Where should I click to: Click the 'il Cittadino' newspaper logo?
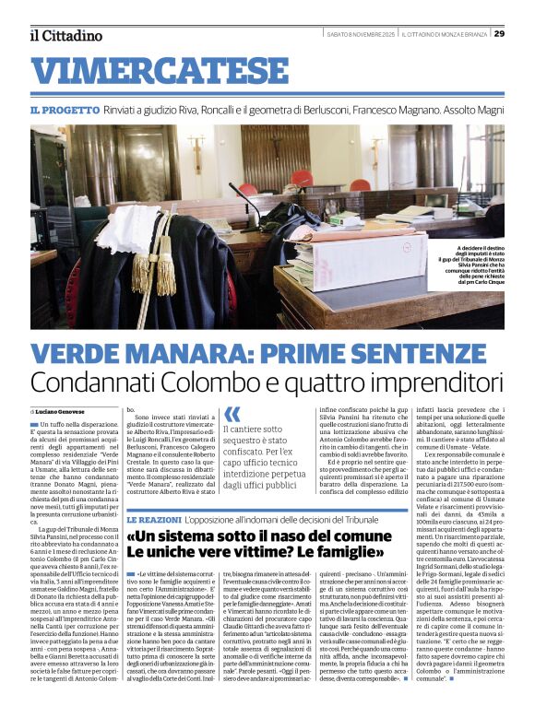click(65, 35)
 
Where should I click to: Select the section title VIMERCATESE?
click(152, 72)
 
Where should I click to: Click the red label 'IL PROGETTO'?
click(61, 110)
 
